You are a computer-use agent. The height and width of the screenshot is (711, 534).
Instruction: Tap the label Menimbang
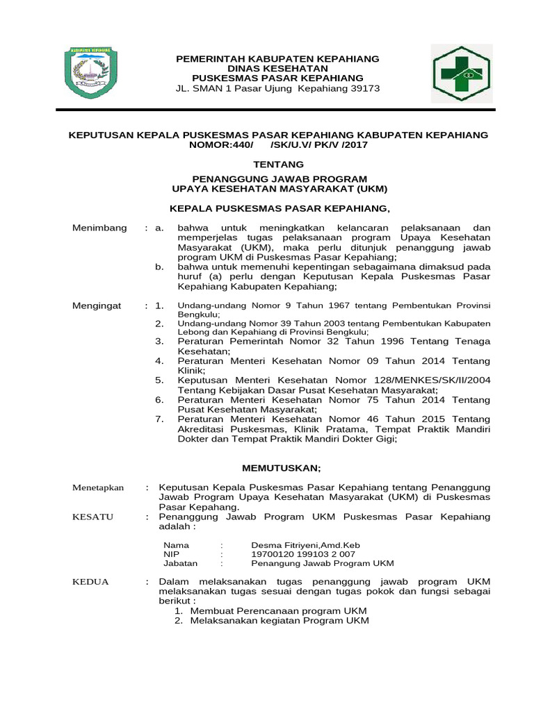click(100, 228)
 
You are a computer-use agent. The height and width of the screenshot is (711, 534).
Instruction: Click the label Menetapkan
click(98, 487)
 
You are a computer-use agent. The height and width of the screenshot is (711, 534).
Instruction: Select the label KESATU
click(92, 517)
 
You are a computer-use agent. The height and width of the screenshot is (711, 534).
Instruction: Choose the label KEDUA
click(90, 581)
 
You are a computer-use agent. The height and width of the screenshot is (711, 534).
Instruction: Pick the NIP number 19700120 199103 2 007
click(302, 554)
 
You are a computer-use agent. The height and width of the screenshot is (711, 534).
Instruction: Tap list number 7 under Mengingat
click(159, 419)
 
